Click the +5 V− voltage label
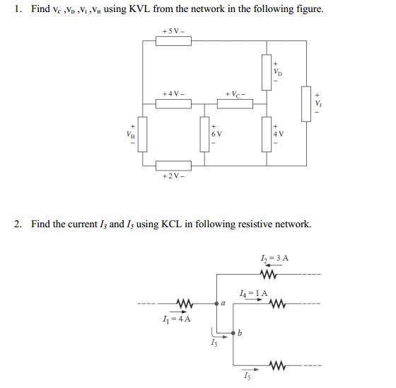pyautogui.click(x=173, y=31)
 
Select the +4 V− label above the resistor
pyautogui.click(x=174, y=94)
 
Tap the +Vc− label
pyautogui.click(x=236, y=94)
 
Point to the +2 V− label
pyautogui.click(x=173, y=176)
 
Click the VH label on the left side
pyautogui.click(x=129, y=132)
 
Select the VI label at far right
pyautogui.click(x=318, y=104)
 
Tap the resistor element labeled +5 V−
pyautogui.click(x=173, y=42)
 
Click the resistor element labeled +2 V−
pyautogui.click(x=173, y=165)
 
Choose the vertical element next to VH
pyautogui.click(x=142, y=134)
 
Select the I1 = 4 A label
pyautogui.click(x=178, y=318)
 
